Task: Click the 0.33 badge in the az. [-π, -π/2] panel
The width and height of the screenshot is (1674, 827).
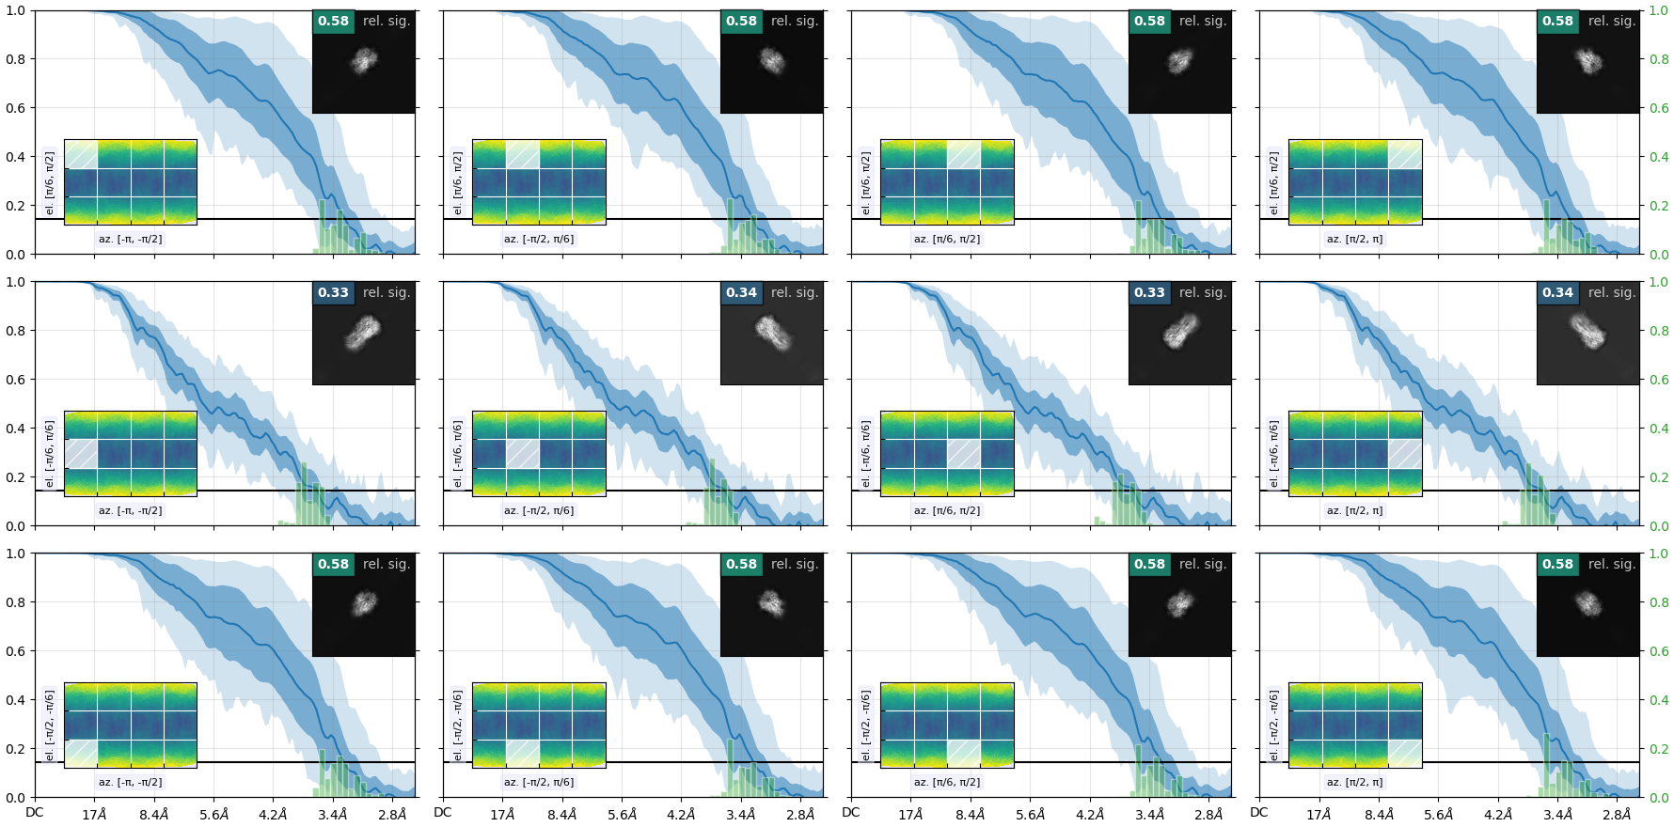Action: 333,292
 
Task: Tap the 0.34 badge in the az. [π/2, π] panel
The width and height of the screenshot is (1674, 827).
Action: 1557,292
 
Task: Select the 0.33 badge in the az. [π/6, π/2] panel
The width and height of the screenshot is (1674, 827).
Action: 1149,292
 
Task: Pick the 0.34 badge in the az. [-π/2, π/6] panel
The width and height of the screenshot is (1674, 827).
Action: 741,292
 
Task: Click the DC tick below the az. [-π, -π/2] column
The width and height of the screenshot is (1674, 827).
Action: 35,813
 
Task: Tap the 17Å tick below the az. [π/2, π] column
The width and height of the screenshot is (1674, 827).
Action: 1319,815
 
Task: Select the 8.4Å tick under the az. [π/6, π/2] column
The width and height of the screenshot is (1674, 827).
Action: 971,815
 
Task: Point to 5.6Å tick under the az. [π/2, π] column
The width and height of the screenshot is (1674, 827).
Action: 1438,815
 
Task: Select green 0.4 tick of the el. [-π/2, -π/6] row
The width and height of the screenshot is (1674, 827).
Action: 1659,700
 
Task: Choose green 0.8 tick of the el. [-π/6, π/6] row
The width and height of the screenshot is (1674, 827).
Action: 1659,331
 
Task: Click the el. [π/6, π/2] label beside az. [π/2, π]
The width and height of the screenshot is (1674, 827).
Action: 1274,182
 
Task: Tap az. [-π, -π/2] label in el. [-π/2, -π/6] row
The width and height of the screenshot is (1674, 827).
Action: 130,782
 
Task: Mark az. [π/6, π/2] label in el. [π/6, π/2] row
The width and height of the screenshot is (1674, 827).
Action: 947,239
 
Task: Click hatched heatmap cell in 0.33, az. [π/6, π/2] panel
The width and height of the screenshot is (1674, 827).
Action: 964,454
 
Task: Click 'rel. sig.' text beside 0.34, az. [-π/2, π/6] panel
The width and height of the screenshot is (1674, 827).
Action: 795,292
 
